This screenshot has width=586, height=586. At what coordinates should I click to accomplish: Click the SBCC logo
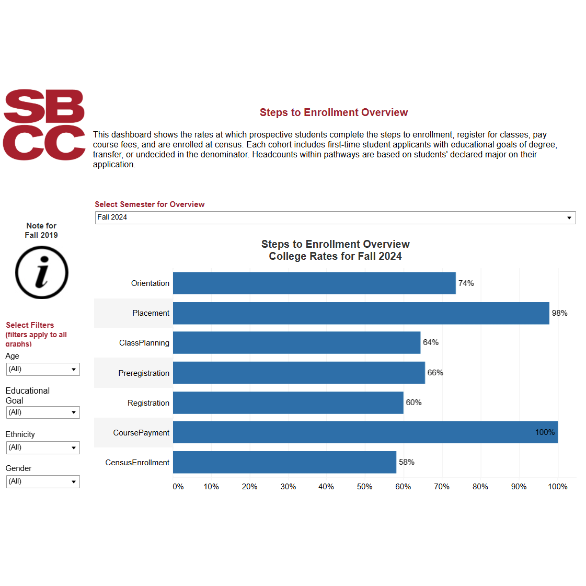pos(44,124)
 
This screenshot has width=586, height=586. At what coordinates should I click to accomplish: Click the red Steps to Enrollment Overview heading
pos(334,112)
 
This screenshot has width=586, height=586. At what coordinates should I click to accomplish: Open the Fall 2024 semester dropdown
pos(335,217)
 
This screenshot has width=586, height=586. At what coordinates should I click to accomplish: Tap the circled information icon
pos(41,272)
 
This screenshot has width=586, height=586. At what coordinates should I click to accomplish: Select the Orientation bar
pos(314,283)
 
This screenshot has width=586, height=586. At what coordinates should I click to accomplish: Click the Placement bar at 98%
pos(361,313)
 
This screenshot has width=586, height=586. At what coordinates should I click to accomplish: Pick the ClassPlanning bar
pos(296,343)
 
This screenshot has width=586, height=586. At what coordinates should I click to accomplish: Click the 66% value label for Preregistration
pos(435,373)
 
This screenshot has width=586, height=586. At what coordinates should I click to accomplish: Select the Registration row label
pos(148,403)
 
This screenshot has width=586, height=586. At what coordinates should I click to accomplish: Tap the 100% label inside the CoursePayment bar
pos(545,432)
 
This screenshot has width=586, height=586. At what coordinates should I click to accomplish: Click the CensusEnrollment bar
pos(284,462)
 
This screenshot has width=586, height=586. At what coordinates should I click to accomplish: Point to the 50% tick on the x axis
pos(364,487)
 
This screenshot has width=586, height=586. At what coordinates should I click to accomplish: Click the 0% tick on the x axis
pos(178,487)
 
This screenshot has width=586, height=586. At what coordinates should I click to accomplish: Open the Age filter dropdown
pos(43,369)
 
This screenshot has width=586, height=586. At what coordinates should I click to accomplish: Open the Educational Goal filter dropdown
pos(43,412)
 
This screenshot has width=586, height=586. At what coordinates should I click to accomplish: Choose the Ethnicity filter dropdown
pos(43,447)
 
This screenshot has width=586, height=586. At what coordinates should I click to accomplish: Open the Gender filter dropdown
pos(43,481)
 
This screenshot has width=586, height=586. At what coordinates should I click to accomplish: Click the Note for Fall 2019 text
pos(41,231)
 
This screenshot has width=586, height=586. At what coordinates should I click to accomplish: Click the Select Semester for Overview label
pos(150,204)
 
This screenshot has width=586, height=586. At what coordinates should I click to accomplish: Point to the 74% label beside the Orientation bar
pos(466,283)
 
